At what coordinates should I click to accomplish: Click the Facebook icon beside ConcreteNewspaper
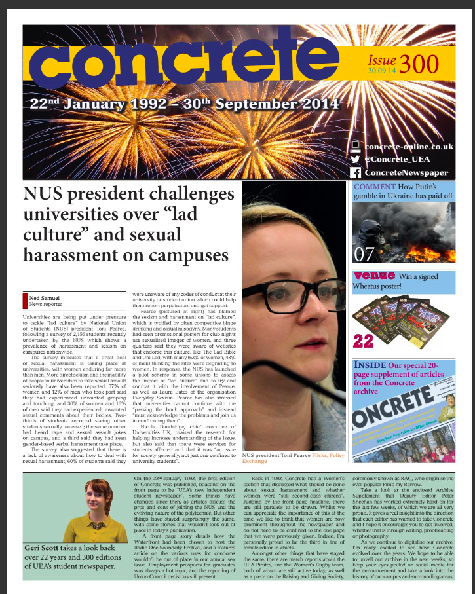coord(356,173)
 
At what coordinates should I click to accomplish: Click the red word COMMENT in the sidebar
coord(375,187)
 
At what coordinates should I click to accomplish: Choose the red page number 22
coord(362,341)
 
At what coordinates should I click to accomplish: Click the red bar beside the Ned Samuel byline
coord(24,301)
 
